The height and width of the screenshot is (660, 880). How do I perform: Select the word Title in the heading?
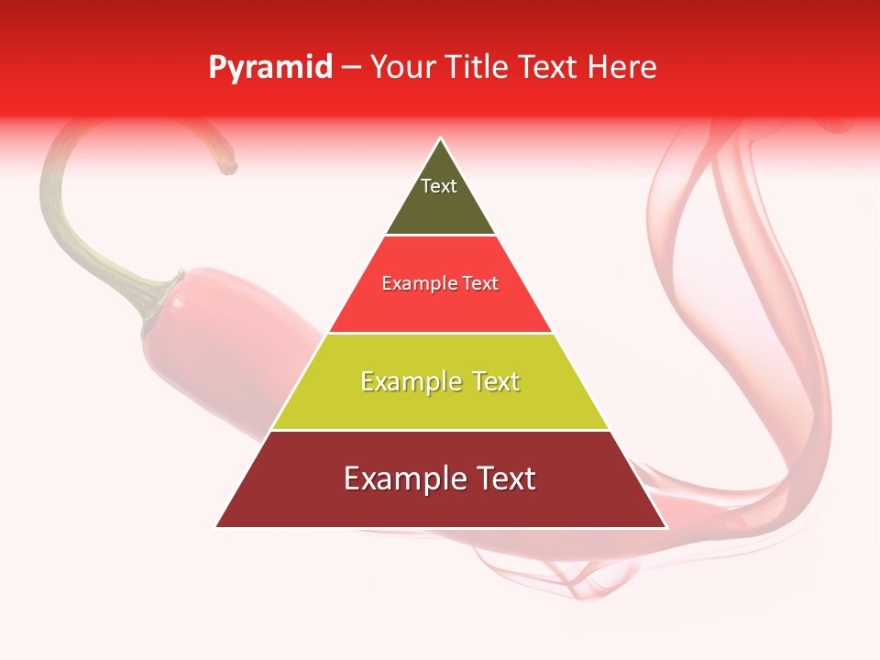482,68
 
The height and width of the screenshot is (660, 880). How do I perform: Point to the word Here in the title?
621,68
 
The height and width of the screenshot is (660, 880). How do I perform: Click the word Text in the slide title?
549,68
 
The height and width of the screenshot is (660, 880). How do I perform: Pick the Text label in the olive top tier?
439,186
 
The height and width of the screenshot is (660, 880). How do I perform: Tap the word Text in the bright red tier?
480,284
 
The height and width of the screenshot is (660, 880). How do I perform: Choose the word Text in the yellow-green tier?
493,382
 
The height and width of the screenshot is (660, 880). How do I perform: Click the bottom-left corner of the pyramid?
217,526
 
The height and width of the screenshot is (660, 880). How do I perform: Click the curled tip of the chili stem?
229,168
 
